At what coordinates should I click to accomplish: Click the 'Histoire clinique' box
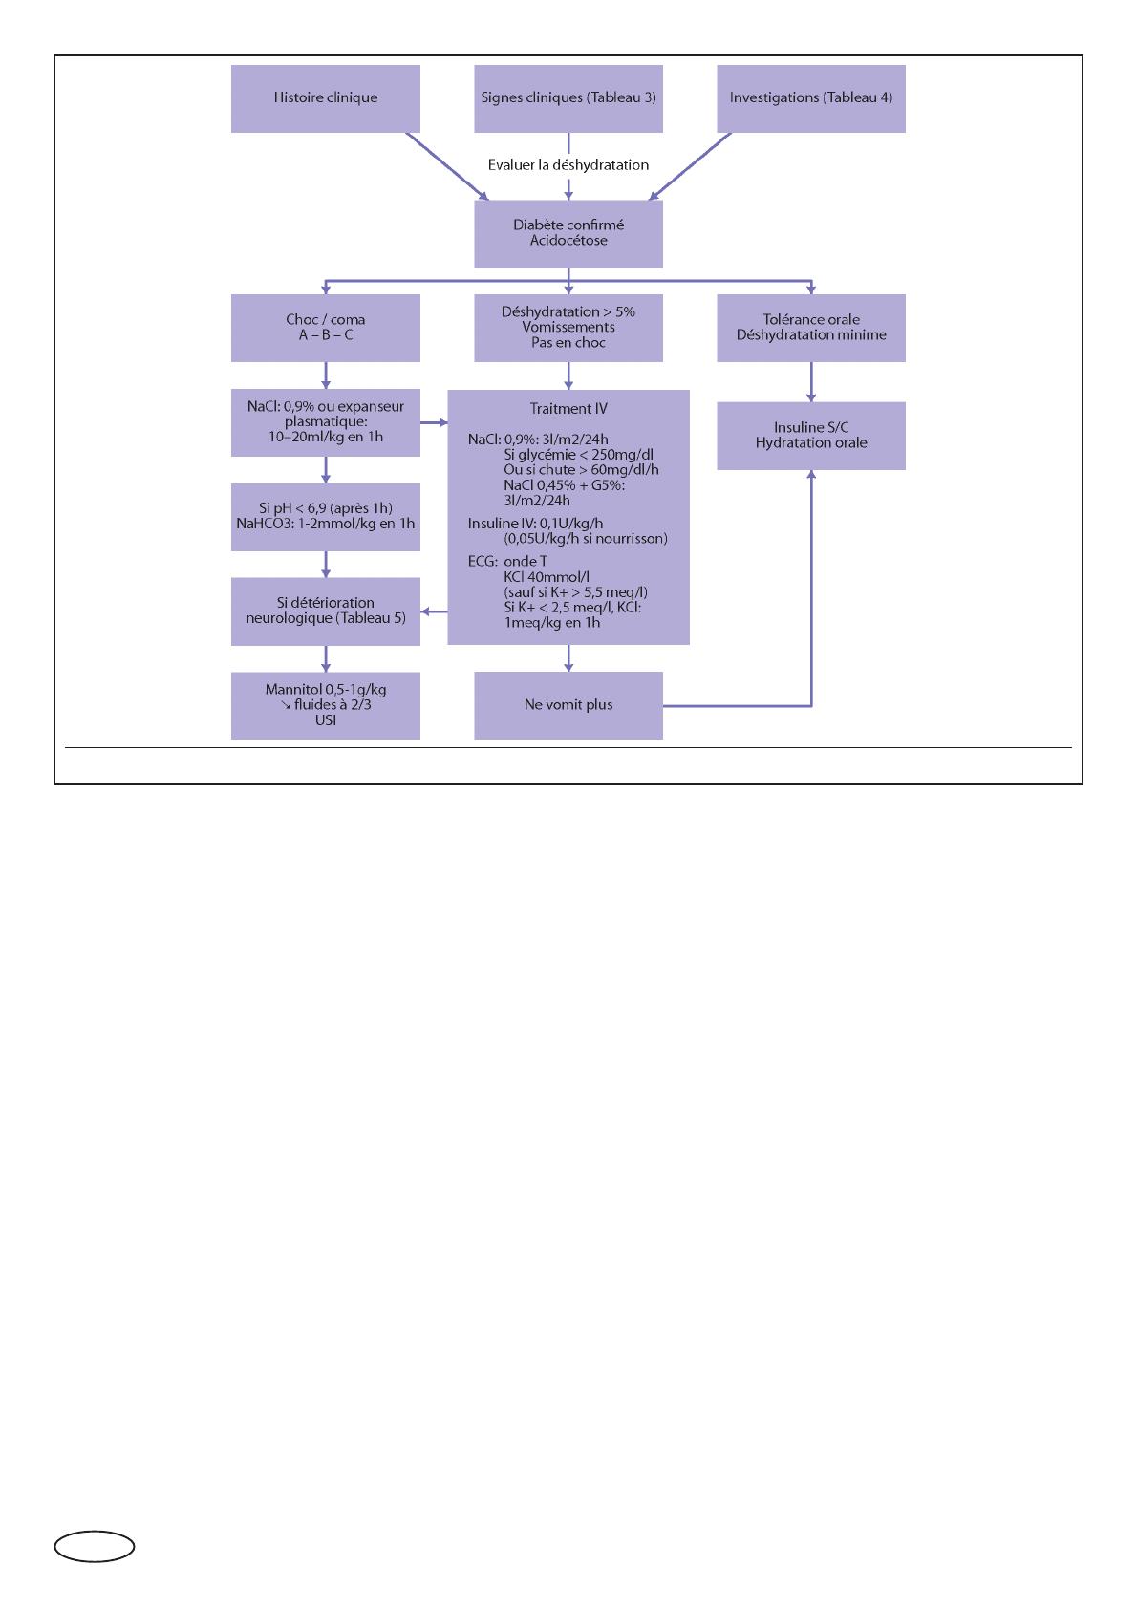325,98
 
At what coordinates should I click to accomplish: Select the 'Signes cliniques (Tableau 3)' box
568,98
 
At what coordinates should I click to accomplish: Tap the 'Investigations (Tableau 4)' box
811,98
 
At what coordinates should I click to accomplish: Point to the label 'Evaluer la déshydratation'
568,165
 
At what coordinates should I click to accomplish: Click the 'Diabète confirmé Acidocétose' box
568,233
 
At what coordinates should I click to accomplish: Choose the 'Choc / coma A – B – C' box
325,328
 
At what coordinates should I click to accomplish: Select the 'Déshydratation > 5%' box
568,328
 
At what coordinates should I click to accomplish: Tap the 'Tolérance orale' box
811,328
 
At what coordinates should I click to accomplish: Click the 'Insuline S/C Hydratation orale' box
811,436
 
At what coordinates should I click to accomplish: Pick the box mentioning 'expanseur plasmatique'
325,422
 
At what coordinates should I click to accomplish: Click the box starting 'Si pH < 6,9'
325,517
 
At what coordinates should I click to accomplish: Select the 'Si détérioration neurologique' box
325,611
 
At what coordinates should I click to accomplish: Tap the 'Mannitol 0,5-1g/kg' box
325,705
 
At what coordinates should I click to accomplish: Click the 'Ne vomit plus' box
568,705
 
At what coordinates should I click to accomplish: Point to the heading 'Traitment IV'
568,409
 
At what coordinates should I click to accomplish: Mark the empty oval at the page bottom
95,1546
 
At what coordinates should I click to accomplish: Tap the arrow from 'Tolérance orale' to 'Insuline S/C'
811,382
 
